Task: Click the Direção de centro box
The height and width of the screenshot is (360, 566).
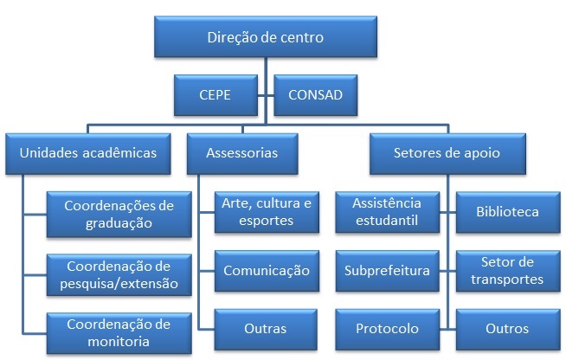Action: [267, 38]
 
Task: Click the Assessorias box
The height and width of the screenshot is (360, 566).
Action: [242, 153]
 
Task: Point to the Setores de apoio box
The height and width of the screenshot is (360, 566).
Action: [447, 153]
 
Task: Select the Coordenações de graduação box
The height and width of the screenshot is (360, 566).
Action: [119, 214]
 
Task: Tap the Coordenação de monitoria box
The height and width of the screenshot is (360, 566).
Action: [119, 331]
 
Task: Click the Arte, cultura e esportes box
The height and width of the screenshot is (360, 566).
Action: [266, 212]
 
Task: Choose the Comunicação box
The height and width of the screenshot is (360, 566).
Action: [266, 271]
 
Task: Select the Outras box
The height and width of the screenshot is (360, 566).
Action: [266, 329]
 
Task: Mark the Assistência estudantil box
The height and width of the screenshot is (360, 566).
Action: [387, 212]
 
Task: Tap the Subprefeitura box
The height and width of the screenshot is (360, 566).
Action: [387, 271]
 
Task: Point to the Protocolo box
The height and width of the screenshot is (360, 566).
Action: [387, 329]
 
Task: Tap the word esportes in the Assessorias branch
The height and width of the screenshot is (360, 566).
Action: [266, 221]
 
